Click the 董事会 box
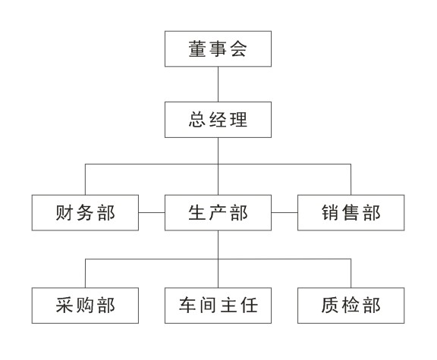[218, 49]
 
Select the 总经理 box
[218, 120]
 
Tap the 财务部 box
[85, 213]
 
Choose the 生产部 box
[218, 213]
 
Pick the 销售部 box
[351, 213]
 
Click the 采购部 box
[85, 305]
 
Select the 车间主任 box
[218, 305]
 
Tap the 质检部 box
[351, 305]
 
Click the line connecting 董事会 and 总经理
[218, 84]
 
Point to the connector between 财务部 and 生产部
[152, 213]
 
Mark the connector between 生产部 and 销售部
[285, 213]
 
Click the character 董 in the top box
[197, 49]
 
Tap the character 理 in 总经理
[238, 120]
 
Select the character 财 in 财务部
[64, 213]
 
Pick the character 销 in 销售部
[330, 213]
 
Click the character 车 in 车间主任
[187, 305]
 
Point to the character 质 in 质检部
[330, 305]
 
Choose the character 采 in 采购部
[64, 305]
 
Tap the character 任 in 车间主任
[249, 305]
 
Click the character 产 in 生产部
[218, 213]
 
